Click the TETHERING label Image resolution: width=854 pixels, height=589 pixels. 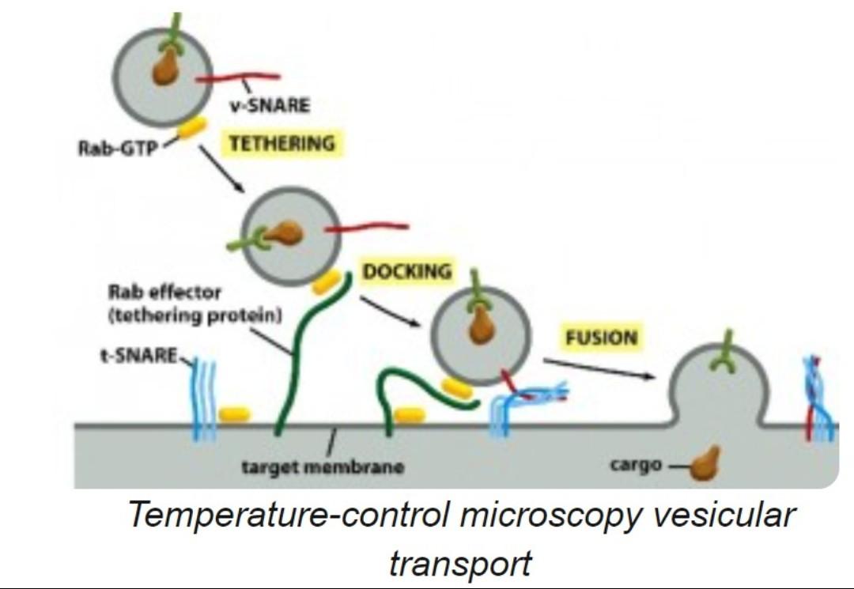click(x=282, y=144)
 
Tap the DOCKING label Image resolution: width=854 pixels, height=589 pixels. click(x=407, y=271)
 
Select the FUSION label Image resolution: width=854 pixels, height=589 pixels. click(x=601, y=338)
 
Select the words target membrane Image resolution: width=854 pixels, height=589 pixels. click(x=323, y=466)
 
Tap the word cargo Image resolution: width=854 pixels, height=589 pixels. click(x=634, y=464)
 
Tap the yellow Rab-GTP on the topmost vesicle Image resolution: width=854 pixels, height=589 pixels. click(x=192, y=129)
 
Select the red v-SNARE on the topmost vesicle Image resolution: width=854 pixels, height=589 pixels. click(x=237, y=77)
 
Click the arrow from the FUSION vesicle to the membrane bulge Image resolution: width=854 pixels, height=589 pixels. click(x=601, y=369)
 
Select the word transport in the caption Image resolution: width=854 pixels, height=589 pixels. click(x=459, y=564)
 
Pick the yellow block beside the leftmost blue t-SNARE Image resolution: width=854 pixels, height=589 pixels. click(x=234, y=414)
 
